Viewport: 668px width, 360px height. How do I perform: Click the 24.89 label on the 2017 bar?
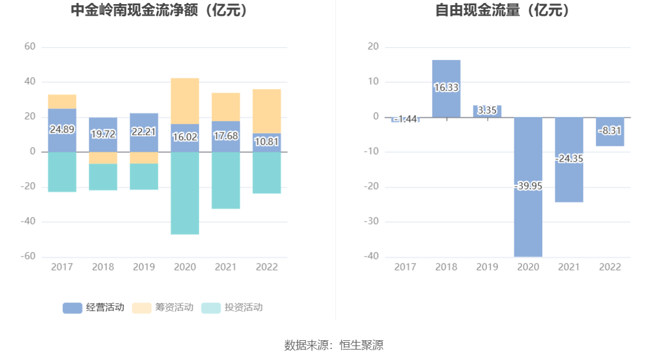coord(62,130)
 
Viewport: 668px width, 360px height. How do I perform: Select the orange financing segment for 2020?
coord(185,101)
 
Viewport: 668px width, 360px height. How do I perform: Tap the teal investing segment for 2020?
coord(185,193)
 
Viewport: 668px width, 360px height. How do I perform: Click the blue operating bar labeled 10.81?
coord(267,142)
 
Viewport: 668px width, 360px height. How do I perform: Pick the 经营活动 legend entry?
coord(93,308)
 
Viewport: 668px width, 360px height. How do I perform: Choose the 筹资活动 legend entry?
coord(162,308)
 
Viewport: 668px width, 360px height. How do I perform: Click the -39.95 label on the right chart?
coord(528,186)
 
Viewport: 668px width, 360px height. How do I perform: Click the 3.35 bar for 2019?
coord(487,111)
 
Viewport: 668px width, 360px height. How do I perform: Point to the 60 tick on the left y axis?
coord(30,47)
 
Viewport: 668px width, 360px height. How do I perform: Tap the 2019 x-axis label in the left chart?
coord(144,267)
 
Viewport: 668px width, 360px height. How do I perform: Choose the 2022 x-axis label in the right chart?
coord(610,267)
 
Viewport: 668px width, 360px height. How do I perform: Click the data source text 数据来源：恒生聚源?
coord(333,345)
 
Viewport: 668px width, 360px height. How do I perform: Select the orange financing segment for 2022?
coord(267,111)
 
